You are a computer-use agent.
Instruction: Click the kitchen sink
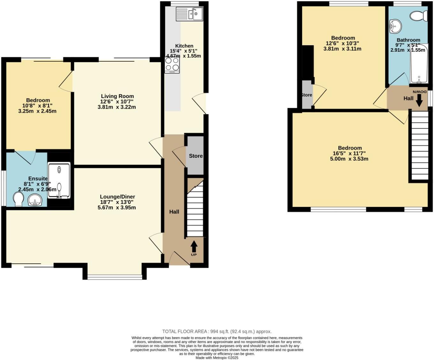point(189,14)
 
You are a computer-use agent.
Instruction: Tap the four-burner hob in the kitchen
point(172,64)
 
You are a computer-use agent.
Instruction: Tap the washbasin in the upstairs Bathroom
point(395,25)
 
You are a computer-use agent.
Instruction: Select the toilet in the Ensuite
point(18,199)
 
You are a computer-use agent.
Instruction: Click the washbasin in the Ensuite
point(35,200)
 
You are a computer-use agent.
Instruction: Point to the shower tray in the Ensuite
point(59,181)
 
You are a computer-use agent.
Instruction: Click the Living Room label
point(117,96)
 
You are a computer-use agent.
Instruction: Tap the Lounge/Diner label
point(117,197)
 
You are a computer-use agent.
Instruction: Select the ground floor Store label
point(196,156)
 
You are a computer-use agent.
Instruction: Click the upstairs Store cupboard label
point(306,95)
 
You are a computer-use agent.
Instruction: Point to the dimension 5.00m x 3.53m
point(349,159)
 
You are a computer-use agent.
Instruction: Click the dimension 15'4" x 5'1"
point(183,51)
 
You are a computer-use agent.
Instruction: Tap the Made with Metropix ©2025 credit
point(217,358)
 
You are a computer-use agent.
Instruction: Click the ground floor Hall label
point(174,212)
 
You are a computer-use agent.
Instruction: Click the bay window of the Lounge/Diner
point(115,277)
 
